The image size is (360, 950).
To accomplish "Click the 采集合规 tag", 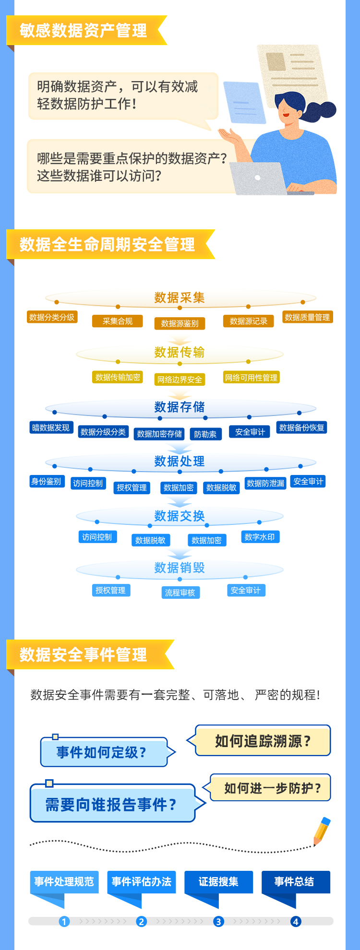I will (117, 321).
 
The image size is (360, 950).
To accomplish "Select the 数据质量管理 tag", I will (307, 317).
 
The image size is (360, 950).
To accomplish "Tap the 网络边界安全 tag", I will (180, 380).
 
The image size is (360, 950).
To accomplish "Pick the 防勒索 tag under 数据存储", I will (205, 434).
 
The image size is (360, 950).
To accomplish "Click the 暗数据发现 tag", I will (51, 427).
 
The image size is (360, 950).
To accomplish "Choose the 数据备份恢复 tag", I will (301, 427).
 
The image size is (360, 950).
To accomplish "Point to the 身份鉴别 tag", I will (46, 481).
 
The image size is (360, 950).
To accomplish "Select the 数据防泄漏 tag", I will (265, 483).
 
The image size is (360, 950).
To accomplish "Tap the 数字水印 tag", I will (259, 537).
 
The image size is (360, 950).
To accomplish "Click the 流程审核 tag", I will (180, 593).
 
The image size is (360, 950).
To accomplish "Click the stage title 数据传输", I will (180, 353).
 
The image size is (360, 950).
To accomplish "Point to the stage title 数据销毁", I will (180, 568).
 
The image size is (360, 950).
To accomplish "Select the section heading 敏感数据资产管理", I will (84, 31).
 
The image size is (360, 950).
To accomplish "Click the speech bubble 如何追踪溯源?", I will (263, 741).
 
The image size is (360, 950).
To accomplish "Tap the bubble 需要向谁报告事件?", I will (112, 804).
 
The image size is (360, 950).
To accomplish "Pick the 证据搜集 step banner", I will (218, 882).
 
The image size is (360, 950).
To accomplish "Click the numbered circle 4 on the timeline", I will (296, 921).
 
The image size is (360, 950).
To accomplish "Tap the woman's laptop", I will (259, 178).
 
